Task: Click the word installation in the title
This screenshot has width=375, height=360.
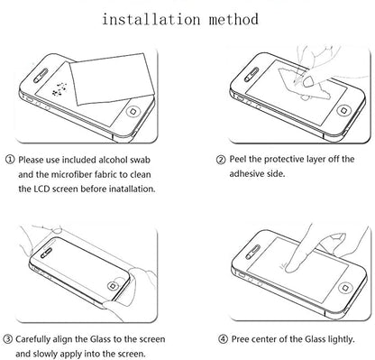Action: [x=151, y=19]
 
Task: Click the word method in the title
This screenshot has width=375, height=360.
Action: [x=233, y=19]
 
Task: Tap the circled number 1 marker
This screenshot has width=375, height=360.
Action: [x=10, y=160]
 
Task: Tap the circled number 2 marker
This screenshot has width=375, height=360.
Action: [x=221, y=160]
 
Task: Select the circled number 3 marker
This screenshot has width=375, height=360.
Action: [x=8, y=339]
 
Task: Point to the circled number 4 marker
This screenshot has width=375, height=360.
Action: [x=223, y=339]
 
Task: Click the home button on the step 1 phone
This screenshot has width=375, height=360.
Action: [x=133, y=111]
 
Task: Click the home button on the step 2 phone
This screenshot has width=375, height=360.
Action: [x=344, y=110]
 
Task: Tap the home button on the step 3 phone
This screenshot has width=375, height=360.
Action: [x=113, y=285]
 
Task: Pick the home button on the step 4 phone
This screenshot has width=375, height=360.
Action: [x=345, y=288]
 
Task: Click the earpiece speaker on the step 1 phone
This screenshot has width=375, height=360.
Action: [x=41, y=75]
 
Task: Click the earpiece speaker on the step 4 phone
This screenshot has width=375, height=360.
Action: [x=252, y=252]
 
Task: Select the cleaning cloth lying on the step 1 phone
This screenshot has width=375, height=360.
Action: [x=113, y=78]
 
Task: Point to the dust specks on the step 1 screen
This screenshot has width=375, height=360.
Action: [x=59, y=89]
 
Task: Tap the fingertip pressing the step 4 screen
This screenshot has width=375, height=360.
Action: [x=291, y=267]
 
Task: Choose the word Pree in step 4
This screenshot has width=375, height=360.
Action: [x=240, y=339]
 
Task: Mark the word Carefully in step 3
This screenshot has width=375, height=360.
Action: [x=32, y=339]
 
